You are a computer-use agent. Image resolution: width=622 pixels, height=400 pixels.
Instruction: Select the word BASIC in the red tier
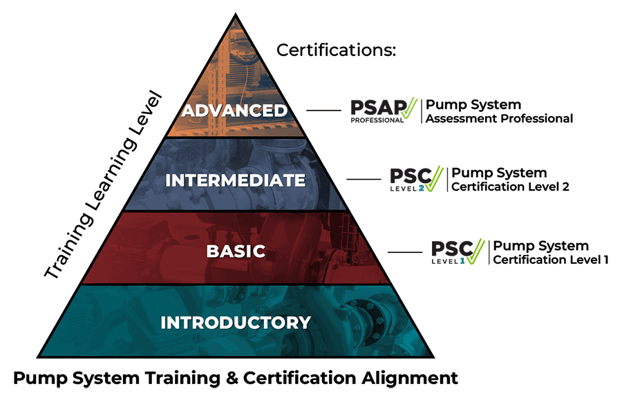[236, 250]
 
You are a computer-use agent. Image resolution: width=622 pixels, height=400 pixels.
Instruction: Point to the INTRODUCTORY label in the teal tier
[236, 322]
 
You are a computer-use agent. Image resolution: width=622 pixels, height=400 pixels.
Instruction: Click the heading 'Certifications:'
[337, 50]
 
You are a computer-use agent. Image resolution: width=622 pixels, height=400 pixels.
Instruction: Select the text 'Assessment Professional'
[499, 119]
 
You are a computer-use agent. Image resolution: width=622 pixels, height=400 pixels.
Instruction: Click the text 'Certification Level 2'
[510, 187]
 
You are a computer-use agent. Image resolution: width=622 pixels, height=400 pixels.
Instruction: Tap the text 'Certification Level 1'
[550, 260]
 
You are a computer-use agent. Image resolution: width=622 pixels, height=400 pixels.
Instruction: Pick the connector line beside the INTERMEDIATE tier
[364, 180]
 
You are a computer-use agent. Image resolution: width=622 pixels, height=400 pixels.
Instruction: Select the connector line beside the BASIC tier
[404, 251]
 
